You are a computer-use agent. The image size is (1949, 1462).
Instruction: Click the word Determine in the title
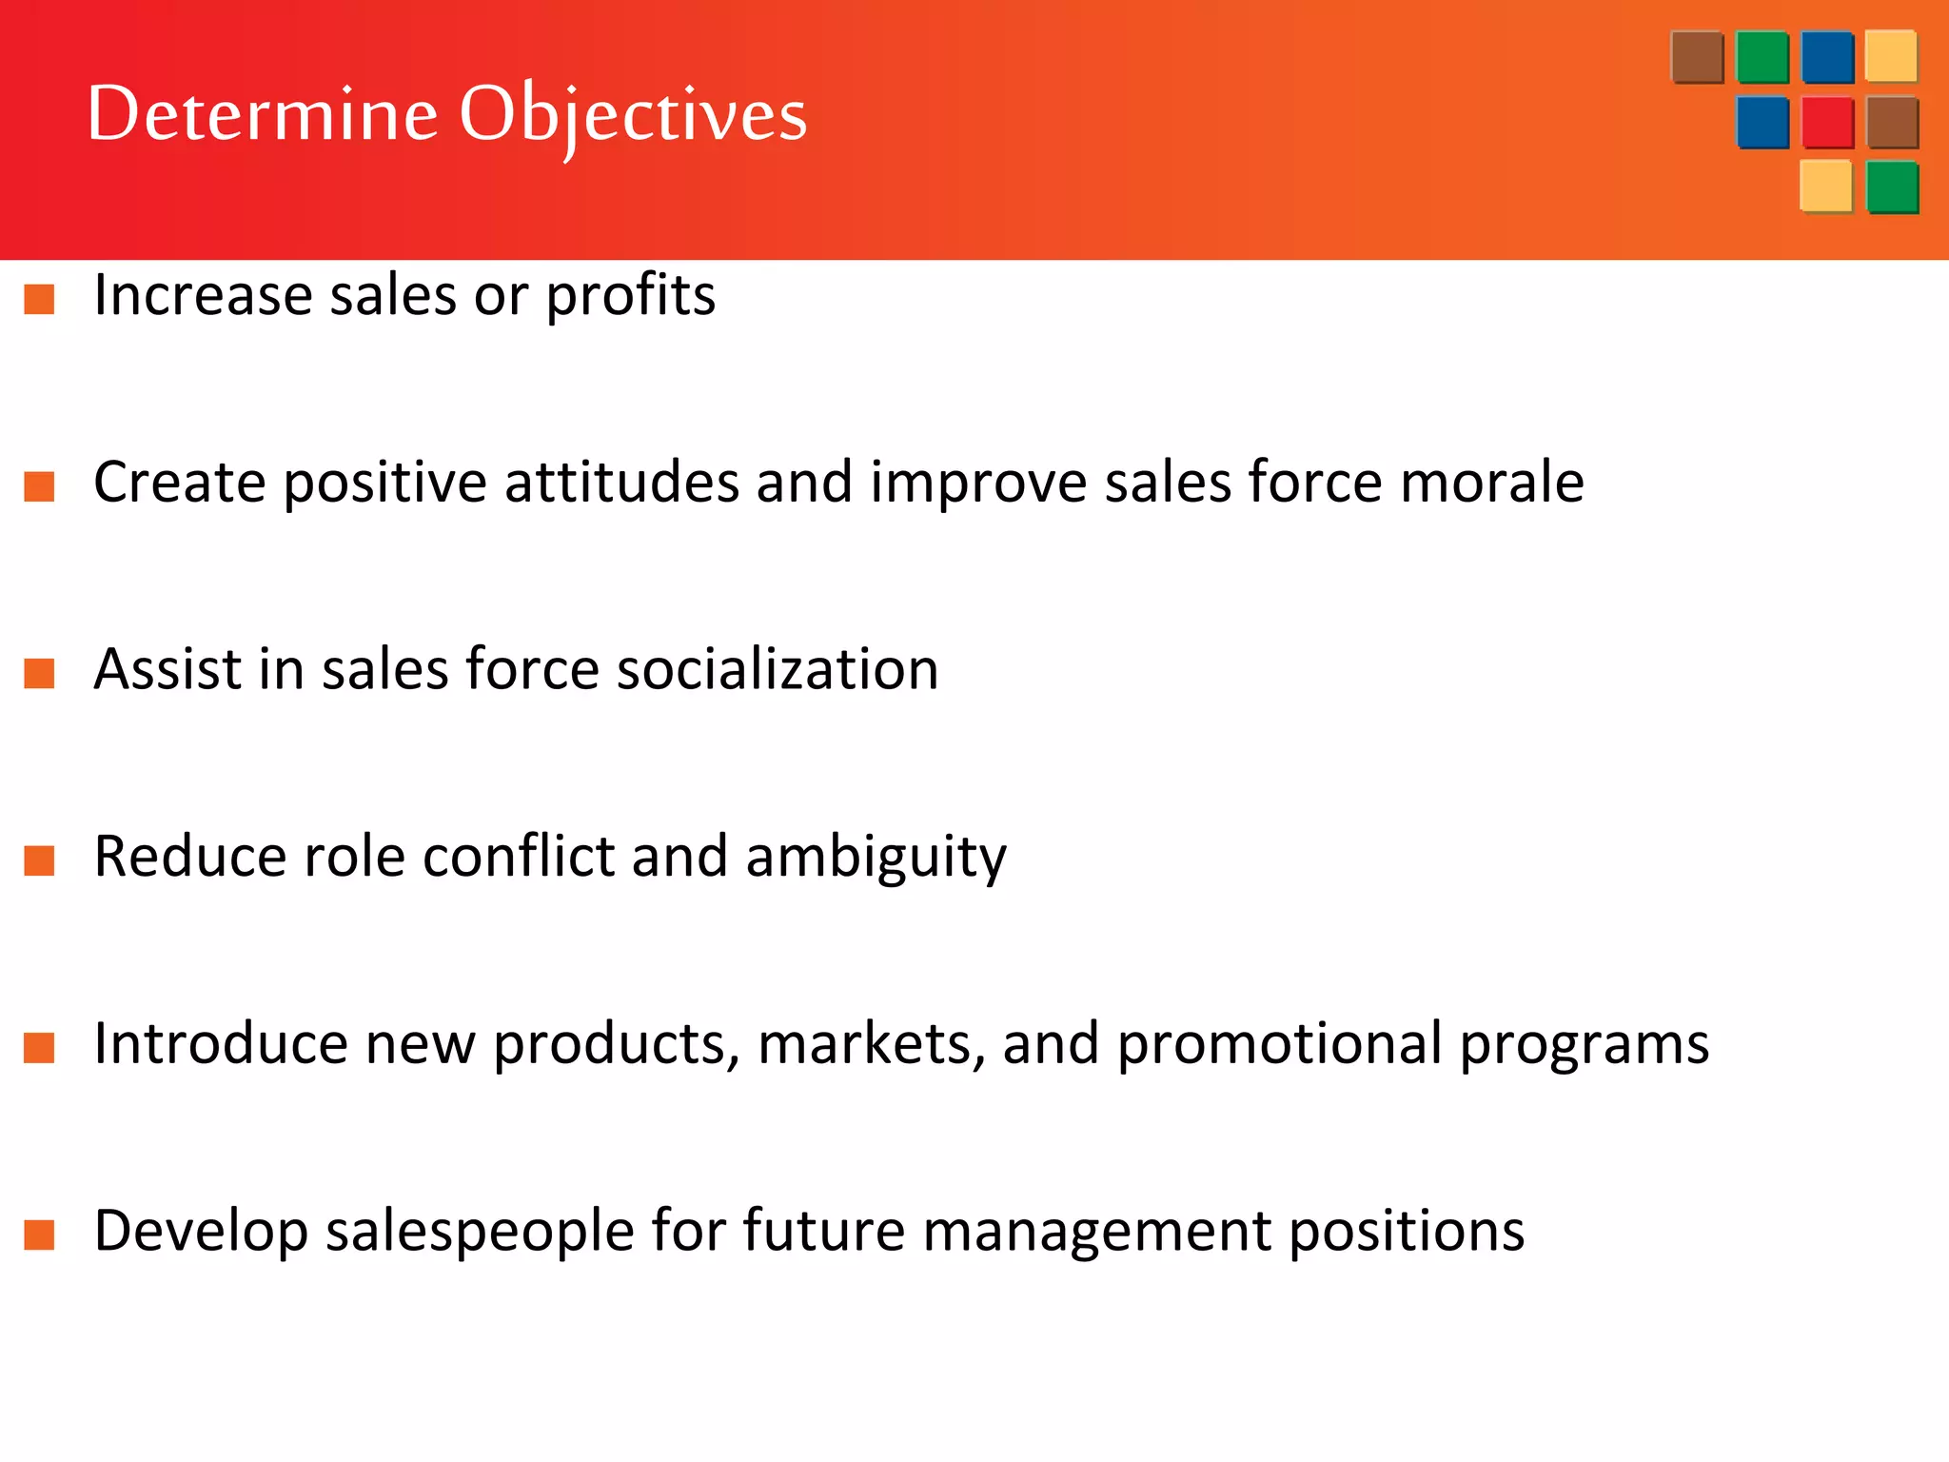point(263,114)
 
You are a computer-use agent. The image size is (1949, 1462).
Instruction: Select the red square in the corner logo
point(1827,123)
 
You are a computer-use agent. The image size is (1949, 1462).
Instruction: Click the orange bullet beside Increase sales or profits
point(39,299)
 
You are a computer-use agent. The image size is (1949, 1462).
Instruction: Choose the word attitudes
point(621,482)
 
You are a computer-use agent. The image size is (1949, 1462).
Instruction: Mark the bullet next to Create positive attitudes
point(39,486)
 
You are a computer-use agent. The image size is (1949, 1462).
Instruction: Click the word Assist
point(167,669)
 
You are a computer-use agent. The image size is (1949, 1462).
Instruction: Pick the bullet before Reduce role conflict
point(39,860)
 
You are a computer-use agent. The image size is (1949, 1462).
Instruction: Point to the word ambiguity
point(876,858)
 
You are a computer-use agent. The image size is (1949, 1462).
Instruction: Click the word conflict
point(519,856)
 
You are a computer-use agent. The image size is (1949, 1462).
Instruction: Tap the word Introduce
point(221,1043)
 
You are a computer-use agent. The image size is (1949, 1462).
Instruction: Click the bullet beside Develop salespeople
point(39,1235)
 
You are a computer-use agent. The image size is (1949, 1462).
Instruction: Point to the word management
point(1097,1232)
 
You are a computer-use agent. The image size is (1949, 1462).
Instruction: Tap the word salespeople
point(480,1232)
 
